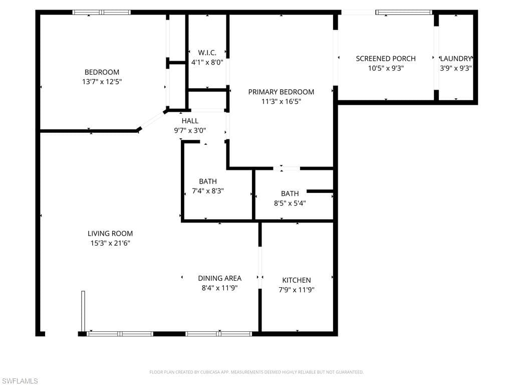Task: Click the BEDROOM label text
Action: (102, 72)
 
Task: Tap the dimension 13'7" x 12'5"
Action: (102, 81)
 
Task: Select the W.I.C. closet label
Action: (207, 53)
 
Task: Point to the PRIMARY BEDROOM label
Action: (281, 92)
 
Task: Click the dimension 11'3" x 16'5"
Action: (281, 101)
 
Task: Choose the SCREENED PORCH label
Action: (386, 59)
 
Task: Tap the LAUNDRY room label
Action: (456, 59)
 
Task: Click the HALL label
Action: (190, 121)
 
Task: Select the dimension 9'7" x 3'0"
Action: (190, 130)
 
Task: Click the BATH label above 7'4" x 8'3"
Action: (208, 181)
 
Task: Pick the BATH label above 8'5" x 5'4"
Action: (290, 194)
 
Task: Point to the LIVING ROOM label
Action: (110, 234)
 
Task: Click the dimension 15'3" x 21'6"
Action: (110, 243)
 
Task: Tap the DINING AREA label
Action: (219, 278)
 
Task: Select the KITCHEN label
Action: (297, 280)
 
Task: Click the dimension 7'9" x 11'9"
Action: (297, 290)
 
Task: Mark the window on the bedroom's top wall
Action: (102, 12)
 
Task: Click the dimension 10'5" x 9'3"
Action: (386, 68)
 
